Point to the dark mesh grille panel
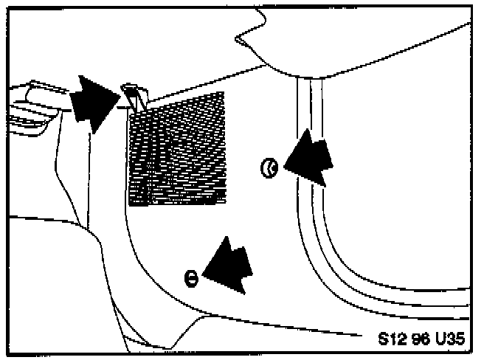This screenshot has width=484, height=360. [177, 148]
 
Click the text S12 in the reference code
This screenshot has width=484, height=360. [390, 340]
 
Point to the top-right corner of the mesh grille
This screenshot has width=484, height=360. [224, 94]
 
